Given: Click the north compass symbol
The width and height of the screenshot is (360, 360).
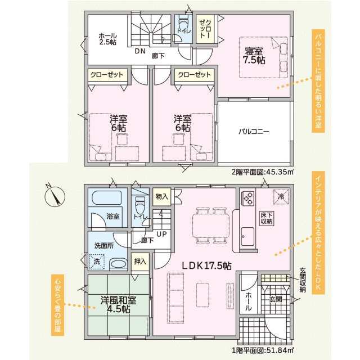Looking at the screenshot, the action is [55, 196].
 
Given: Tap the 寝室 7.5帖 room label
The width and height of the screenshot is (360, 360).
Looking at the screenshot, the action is [254, 56].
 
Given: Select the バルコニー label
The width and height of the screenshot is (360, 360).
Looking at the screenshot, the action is [254, 132].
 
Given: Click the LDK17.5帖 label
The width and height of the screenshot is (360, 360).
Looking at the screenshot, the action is [206, 265].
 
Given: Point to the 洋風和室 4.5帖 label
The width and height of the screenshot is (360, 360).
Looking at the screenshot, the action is [119, 305].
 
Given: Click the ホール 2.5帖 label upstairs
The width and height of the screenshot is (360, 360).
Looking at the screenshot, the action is [107, 39].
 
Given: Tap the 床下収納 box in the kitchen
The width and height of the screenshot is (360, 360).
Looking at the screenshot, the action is [267, 218].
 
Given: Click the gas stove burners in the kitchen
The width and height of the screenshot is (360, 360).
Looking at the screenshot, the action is [247, 198].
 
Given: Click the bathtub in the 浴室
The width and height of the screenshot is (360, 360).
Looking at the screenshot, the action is [106, 197].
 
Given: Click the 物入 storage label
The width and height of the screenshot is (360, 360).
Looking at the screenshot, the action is [161, 196].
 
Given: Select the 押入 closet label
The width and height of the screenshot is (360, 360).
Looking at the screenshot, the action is [140, 262].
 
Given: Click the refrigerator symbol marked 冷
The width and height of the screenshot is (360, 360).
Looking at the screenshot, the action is [281, 196].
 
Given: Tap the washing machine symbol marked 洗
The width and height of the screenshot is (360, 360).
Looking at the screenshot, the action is [97, 262].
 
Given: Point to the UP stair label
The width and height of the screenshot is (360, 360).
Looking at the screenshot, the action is [161, 234].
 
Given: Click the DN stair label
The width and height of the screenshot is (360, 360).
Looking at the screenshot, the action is [140, 51].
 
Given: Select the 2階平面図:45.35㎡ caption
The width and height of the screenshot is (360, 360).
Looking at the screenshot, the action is [263, 172].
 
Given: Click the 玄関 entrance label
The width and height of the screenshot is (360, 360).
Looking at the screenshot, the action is [276, 299].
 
